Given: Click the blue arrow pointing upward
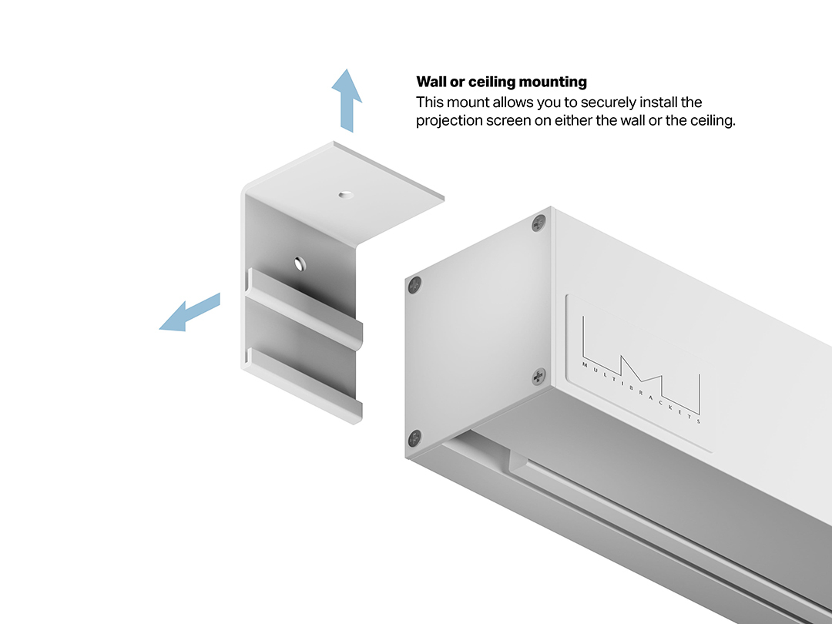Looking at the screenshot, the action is coord(347,100).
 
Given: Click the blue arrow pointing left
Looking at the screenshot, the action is coord(190,314).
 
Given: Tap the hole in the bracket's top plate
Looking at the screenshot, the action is coord(346,195).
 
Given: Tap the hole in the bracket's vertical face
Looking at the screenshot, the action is coord(300,263).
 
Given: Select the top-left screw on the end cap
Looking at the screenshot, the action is coord(415,286).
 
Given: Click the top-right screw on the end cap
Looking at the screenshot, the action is coord(538,223).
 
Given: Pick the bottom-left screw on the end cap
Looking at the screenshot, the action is coord(414,438).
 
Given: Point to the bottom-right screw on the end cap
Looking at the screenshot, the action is coord(538,377).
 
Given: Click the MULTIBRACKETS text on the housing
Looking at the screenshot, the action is coord(641,393).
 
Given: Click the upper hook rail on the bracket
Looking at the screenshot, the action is coord(304,307).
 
